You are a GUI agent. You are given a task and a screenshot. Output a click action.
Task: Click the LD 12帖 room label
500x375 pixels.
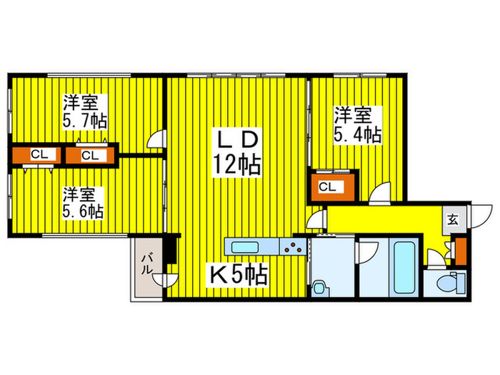tap(237, 153)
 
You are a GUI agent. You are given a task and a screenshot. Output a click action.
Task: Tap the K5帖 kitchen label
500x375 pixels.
tap(238, 274)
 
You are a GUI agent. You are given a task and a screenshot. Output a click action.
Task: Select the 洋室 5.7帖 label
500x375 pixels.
tap(84, 111)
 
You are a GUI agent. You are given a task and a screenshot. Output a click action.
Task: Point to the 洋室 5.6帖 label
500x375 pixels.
tap(83, 203)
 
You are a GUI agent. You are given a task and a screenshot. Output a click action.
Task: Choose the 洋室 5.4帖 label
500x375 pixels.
tap(357, 125)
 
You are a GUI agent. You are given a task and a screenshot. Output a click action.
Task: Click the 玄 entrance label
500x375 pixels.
tap(453, 220)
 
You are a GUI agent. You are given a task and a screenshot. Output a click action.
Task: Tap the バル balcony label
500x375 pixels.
tap(146, 264)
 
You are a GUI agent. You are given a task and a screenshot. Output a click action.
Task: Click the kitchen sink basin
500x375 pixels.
tap(244, 247)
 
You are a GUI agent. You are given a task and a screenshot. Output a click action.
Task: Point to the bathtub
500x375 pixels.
tap(404, 268)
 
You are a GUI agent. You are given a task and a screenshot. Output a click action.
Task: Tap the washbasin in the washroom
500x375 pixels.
tap(319, 287)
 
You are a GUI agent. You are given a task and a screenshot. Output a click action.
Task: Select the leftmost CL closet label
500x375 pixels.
tap(39, 155)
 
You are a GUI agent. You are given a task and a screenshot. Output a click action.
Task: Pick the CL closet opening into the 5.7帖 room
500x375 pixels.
tap(90, 156)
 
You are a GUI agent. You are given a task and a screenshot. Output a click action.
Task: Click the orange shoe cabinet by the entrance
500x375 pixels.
tap(461, 251)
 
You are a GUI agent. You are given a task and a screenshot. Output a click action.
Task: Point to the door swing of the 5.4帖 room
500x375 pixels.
tap(380, 194)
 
